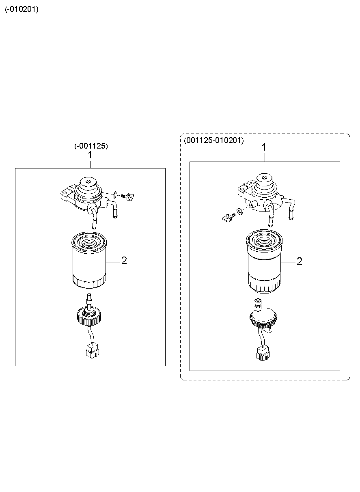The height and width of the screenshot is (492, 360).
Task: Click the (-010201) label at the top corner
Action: [x=22, y=10]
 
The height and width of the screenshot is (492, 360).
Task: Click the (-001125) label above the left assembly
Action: [x=91, y=146]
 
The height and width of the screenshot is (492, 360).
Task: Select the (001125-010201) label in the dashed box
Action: [x=213, y=140]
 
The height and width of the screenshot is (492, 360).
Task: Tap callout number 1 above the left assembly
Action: [x=90, y=155]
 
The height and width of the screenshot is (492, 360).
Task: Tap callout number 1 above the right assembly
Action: [x=264, y=147]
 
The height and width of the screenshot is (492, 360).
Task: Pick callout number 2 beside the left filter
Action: [x=124, y=261]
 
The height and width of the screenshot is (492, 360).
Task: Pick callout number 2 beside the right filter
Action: [x=299, y=261]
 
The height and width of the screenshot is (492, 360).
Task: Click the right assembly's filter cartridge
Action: [x=264, y=264]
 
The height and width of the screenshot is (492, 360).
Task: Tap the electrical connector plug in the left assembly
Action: [x=92, y=350]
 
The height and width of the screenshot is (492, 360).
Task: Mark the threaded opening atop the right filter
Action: [x=264, y=240]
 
